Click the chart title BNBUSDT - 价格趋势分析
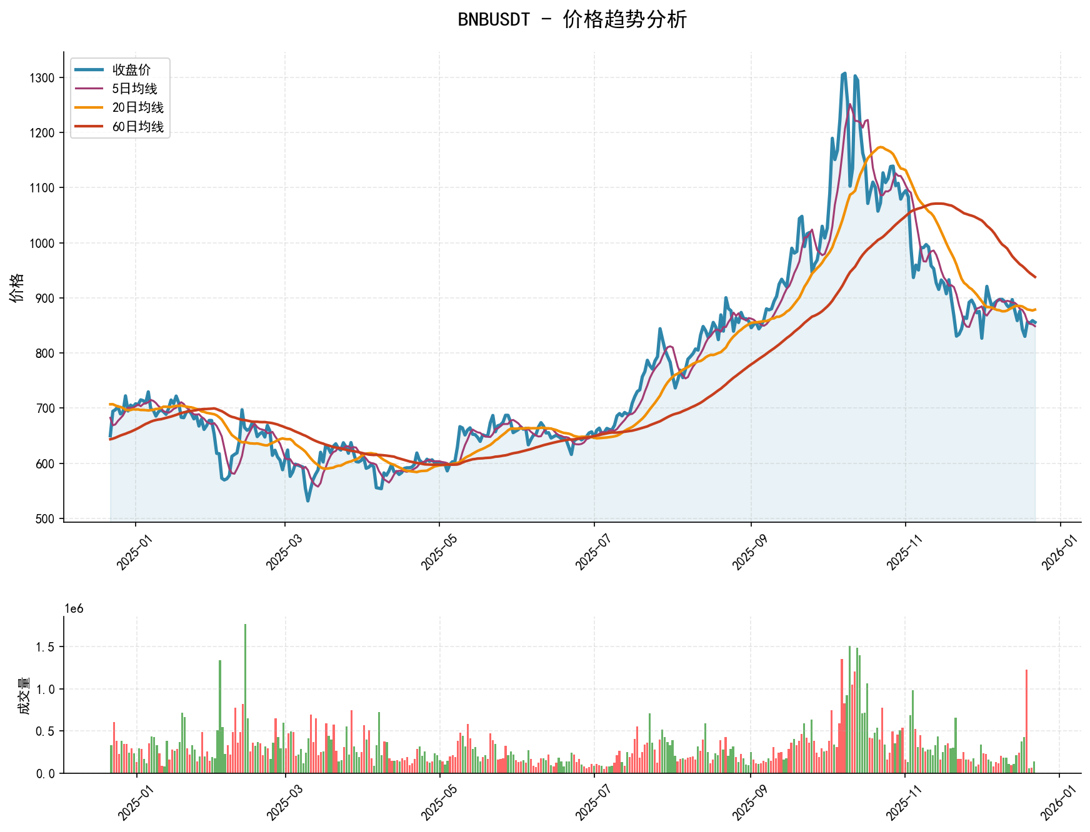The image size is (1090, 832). [x=572, y=19]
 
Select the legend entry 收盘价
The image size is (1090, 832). [x=131, y=69]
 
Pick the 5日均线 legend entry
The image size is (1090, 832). [x=134, y=89]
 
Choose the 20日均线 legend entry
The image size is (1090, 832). [x=137, y=107]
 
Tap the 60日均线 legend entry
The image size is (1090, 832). [x=137, y=127]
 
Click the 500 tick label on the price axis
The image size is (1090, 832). [x=46, y=518]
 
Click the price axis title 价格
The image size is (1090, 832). [x=17, y=287]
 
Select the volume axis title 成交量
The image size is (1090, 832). [x=24, y=695]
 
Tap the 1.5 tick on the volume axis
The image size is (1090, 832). [x=47, y=646]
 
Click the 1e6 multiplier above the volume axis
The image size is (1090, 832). [x=74, y=609]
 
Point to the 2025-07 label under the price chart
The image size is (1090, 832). [x=591, y=552]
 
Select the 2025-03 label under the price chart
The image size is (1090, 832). [x=282, y=552]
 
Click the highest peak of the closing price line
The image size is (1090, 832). [x=844, y=74]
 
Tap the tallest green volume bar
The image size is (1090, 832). [x=245, y=698]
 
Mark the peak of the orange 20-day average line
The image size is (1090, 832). [x=881, y=147]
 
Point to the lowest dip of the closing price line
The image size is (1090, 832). [x=307, y=500]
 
